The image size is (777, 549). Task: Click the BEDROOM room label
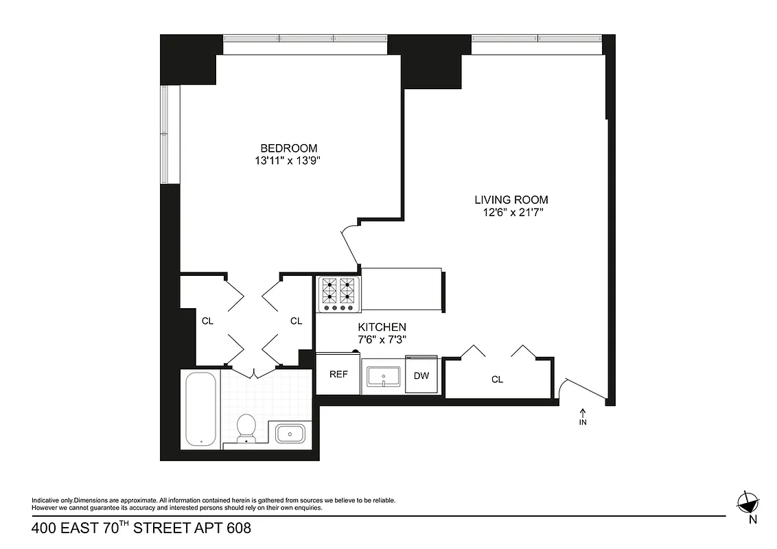(x=288, y=148)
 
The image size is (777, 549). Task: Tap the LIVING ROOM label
(x=511, y=200)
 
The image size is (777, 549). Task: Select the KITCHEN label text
(x=382, y=327)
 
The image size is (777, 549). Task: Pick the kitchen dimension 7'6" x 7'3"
(x=382, y=339)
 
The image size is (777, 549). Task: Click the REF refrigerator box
(x=338, y=374)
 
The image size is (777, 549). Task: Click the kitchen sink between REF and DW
(x=382, y=376)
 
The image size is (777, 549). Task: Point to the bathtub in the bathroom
(x=201, y=410)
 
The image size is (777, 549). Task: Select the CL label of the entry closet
(x=497, y=379)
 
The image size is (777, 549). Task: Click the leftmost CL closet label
(x=207, y=320)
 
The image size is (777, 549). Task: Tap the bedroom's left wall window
(x=165, y=135)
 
